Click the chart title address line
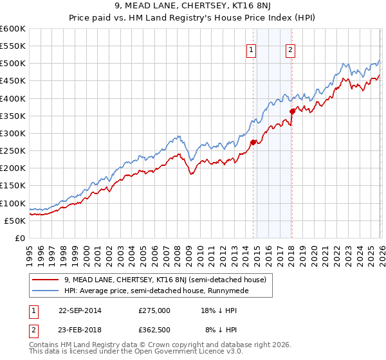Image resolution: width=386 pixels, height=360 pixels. [193, 7]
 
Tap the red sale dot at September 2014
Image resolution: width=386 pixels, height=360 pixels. [253, 142]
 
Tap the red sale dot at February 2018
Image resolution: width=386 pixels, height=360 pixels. [292, 111]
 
